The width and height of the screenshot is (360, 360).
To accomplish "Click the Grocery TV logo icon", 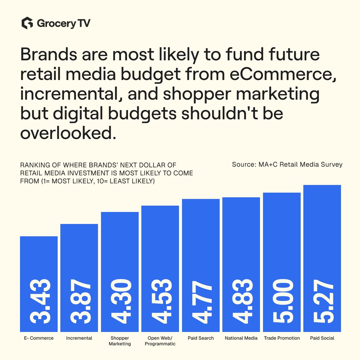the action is click(27, 23).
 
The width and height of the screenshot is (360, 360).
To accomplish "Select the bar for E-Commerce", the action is click(39, 284).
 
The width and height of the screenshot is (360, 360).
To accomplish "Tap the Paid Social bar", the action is click(322, 258).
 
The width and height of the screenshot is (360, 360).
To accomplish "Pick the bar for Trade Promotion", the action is click(282, 262).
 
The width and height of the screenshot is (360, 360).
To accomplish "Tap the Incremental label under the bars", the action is click(79, 338).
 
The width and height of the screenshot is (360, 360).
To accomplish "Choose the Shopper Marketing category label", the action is click(120, 341).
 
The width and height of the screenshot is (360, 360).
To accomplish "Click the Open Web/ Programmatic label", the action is click(160, 341).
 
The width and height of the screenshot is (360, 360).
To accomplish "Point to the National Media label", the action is click(241, 338).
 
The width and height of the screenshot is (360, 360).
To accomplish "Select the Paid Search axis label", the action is click(201, 338).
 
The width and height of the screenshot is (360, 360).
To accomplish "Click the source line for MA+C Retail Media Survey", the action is click(287, 164).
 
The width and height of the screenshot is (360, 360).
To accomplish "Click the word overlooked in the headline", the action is click(68, 133).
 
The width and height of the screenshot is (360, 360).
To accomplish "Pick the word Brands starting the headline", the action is click(49, 54).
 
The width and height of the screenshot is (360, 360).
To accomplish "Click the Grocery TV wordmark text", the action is click(64, 23).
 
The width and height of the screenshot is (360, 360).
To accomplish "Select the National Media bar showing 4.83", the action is click(241, 264).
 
